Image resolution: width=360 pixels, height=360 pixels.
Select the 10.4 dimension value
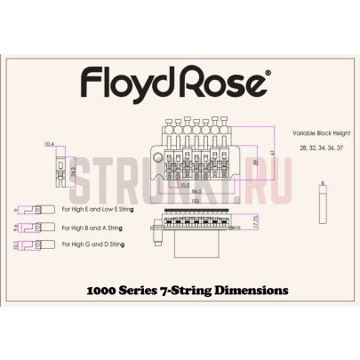coord(48,143)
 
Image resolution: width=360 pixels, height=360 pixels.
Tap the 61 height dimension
coord(273,153)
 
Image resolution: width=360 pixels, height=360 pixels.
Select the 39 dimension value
coord(256,163)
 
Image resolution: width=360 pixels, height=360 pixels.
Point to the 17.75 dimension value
coord(256,223)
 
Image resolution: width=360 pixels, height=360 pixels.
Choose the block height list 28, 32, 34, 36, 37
coord(316,145)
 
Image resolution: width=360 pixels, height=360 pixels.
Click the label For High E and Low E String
coord(101,211)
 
